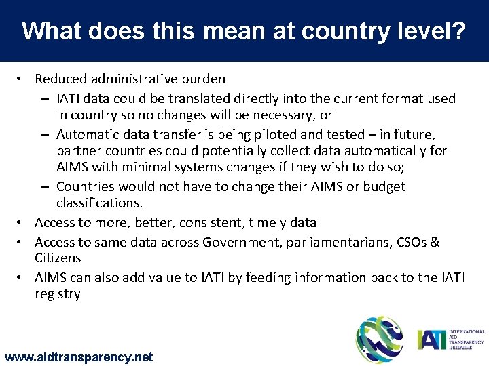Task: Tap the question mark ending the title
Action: click(x=460, y=31)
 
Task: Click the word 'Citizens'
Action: click(x=58, y=258)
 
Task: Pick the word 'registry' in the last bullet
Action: click(x=58, y=294)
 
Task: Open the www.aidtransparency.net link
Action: click(x=79, y=357)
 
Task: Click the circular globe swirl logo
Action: click(x=380, y=339)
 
